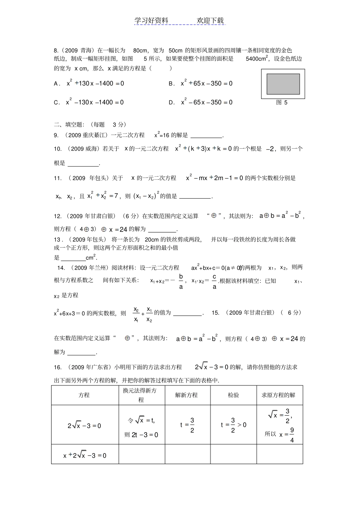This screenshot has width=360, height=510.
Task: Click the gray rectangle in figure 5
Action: click(283, 84)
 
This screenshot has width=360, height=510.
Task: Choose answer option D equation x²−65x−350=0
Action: click(207, 102)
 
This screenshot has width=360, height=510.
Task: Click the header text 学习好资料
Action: click(151, 20)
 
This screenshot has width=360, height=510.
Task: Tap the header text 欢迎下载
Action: click(210, 20)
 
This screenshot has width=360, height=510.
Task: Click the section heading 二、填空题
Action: click(70, 124)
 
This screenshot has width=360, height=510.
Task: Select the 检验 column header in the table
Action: click(233, 395)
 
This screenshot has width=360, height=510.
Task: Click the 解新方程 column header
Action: click(186, 395)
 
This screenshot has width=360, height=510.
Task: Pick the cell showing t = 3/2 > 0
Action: click(233, 425)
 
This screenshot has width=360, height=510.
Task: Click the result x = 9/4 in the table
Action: click(287, 435)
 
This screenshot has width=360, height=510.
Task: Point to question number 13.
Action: click(58, 239)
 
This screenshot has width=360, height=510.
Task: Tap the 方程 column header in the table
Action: click(84, 395)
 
